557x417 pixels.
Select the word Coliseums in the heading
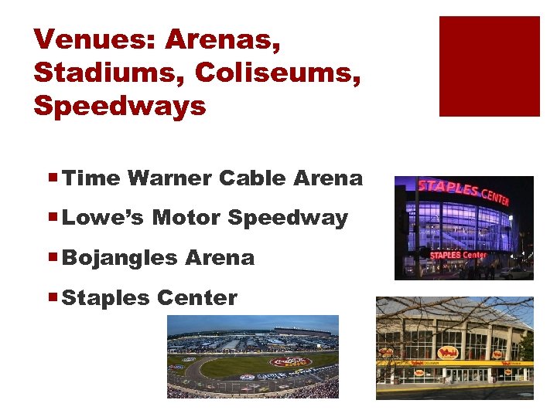pyautogui.click(x=278, y=72)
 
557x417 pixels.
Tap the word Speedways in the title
pyautogui.click(x=120, y=106)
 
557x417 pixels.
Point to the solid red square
pyautogui.click(x=489, y=66)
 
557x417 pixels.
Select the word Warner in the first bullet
pyautogui.click(x=170, y=178)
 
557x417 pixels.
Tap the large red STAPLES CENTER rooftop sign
pyautogui.click(x=463, y=191)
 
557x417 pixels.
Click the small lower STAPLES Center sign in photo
pyautogui.click(x=458, y=255)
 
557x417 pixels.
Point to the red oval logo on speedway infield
pyautogui.click(x=290, y=361)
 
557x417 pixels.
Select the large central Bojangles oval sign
pyautogui.click(x=448, y=353)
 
